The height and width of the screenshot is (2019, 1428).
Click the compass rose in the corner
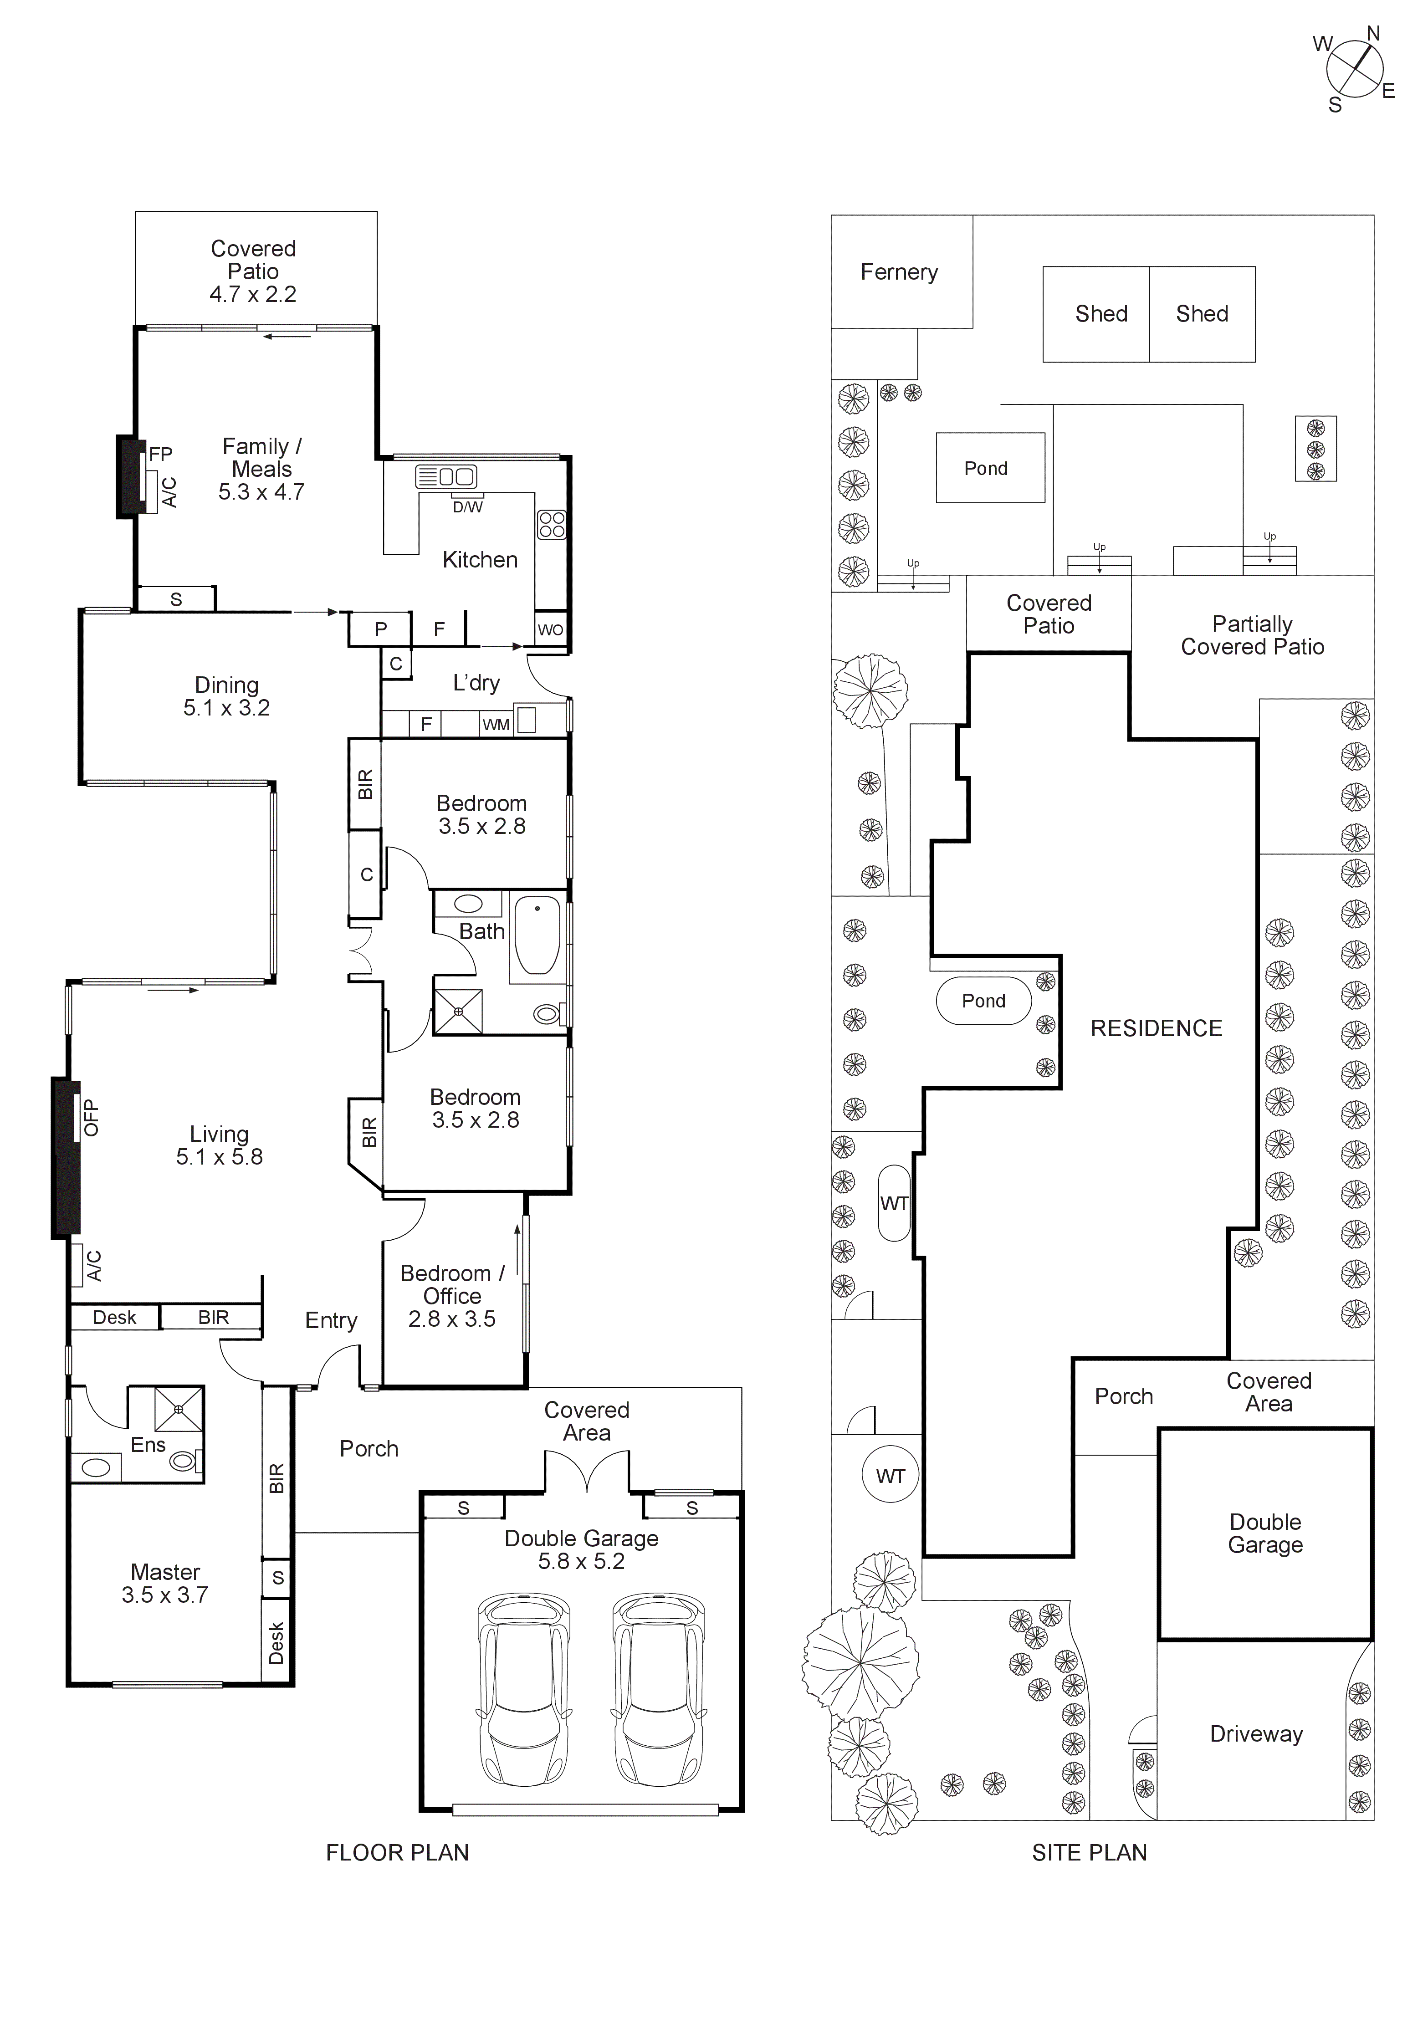[1354, 70]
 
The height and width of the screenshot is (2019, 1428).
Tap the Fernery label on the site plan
[899, 273]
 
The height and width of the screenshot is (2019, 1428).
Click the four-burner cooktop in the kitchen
[551, 525]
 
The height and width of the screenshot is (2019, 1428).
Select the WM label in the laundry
[496, 725]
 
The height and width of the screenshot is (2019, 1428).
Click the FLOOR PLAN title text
[397, 1853]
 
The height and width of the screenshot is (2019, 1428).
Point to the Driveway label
[1256, 1734]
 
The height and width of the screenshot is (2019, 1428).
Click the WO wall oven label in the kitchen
[550, 629]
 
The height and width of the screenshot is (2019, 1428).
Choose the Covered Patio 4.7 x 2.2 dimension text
[253, 295]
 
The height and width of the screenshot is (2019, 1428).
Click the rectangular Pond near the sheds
[989, 468]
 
